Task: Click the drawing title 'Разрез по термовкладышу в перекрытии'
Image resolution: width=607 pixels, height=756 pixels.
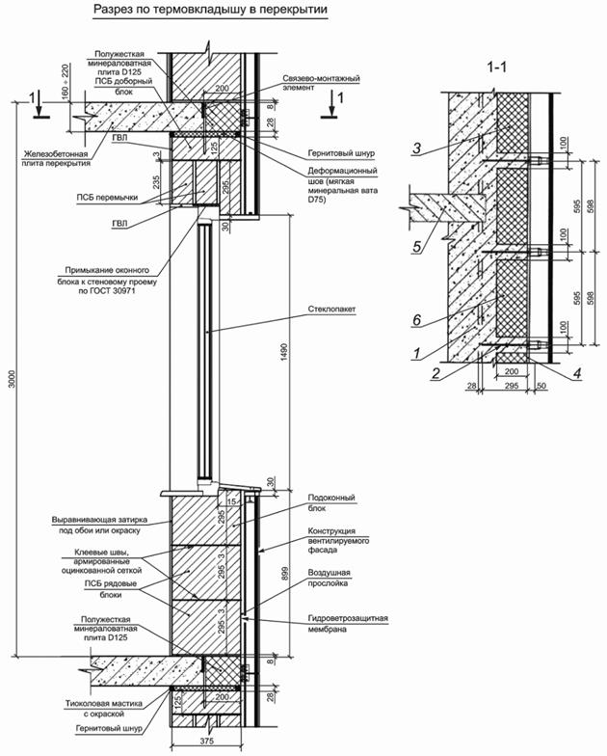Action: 210,12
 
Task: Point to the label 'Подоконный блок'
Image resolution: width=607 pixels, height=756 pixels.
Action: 332,502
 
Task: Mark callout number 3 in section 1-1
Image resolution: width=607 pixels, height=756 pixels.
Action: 416,148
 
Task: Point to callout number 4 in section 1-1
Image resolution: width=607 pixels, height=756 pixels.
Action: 576,371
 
